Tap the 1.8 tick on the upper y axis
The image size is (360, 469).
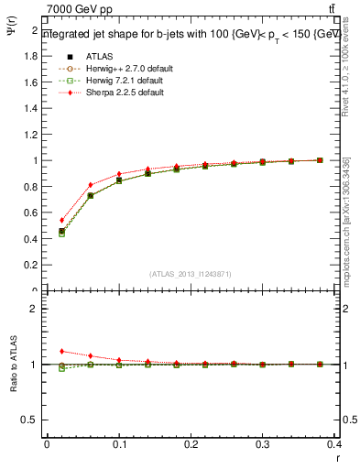click(x=32, y=56)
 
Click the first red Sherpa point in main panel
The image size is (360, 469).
click(x=61, y=220)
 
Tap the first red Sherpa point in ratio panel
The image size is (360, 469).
click(x=61, y=351)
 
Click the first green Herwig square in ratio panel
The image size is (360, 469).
click(x=61, y=368)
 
